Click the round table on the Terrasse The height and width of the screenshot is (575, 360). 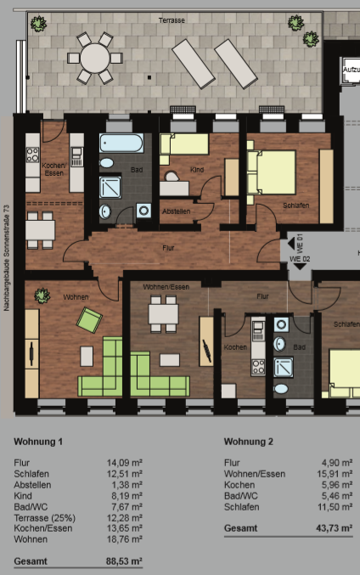click(95, 58)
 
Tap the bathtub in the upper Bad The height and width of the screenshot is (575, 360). click(121, 143)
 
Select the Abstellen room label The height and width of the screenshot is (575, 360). click(177, 211)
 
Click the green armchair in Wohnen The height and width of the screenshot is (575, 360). click(89, 319)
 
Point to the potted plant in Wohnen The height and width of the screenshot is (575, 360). click(42, 296)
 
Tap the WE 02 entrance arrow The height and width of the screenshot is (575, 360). click(301, 267)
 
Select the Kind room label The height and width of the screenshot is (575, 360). click(197, 170)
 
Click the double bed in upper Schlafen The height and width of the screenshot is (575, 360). click(272, 172)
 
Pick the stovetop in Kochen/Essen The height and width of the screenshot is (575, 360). click(32, 155)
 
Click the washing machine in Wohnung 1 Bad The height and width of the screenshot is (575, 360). click(143, 211)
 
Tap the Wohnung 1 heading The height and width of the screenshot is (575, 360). click(38, 442)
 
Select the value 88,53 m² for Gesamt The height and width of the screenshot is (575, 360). click(124, 561)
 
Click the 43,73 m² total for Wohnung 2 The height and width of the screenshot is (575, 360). click(334, 528)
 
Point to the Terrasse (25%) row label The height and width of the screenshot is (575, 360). click(45, 518)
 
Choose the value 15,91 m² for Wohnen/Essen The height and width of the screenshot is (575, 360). click(335, 474)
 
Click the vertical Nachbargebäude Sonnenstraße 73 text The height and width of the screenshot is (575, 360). click(6, 258)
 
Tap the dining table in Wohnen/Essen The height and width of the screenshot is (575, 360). click(164, 314)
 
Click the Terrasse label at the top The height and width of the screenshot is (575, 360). click(172, 20)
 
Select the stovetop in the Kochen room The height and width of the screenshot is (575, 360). click(258, 367)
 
